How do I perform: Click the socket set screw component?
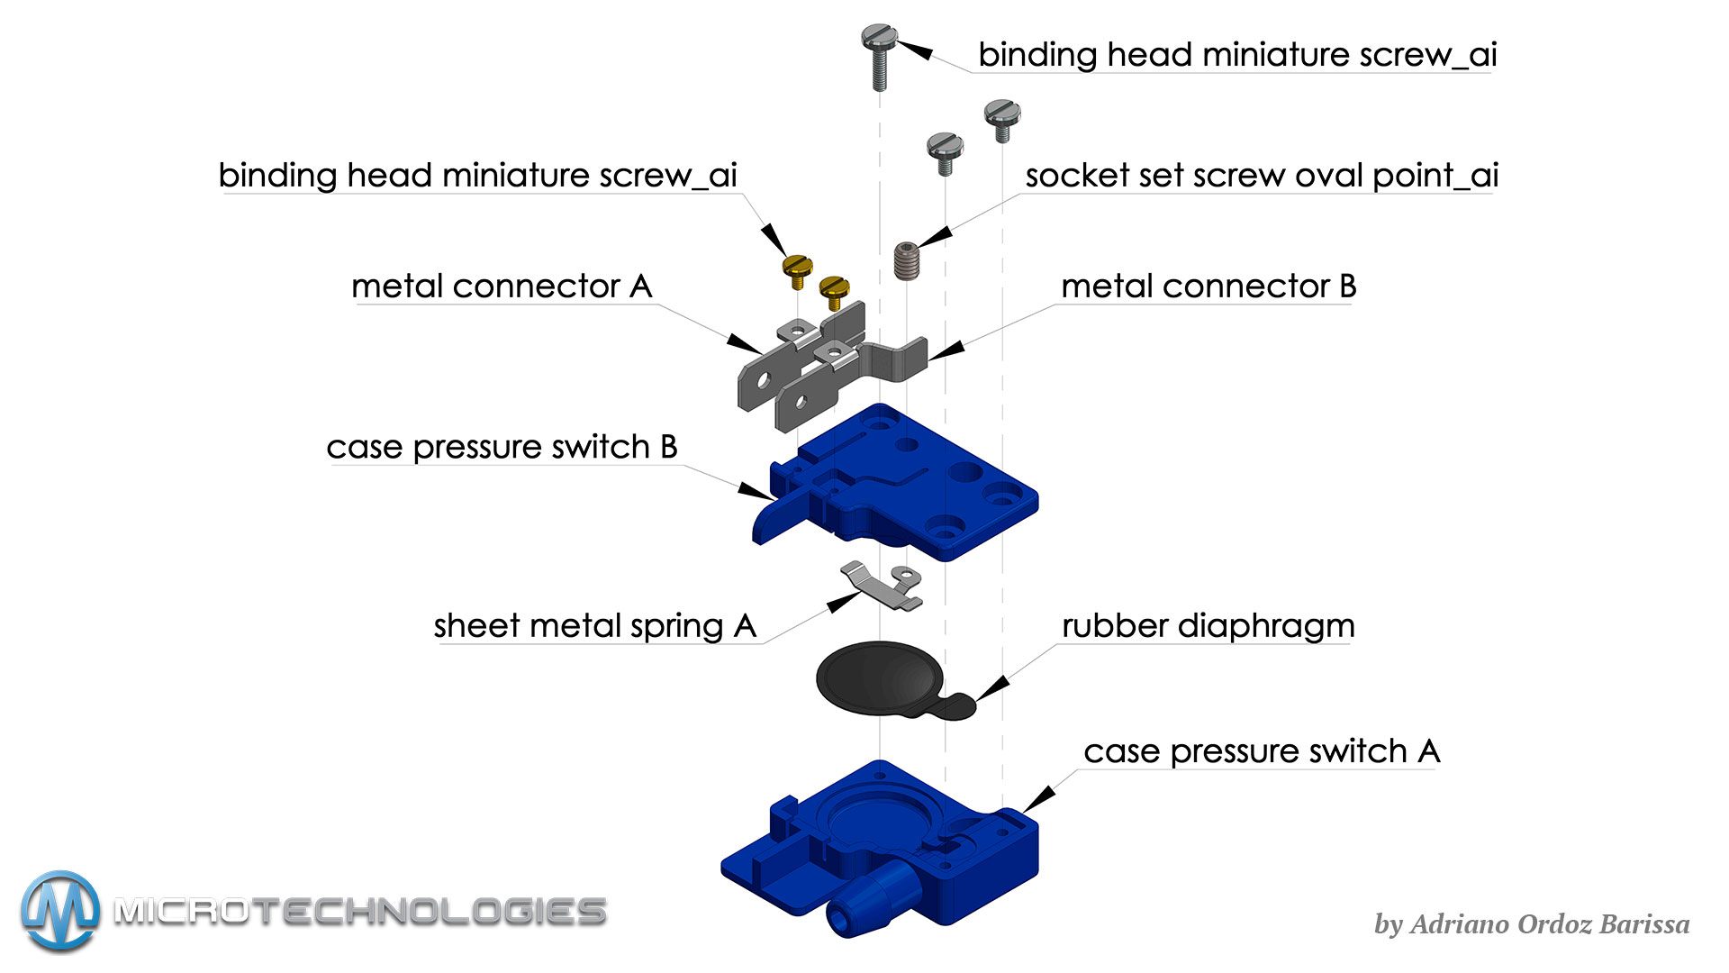pyautogui.click(x=906, y=260)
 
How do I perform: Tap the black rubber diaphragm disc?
pyautogui.click(x=878, y=677)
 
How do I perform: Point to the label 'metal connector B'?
pyautogui.click(x=1208, y=286)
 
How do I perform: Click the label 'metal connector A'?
pyautogui.click(x=502, y=286)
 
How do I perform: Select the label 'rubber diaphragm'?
pyautogui.click(x=1208, y=626)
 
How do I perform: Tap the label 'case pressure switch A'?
pyautogui.click(x=1261, y=751)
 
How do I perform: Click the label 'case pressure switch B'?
pyautogui.click(x=502, y=447)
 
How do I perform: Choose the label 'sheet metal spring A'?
pyautogui.click(x=594, y=626)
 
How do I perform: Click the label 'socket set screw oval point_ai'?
pyautogui.click(x=1261, y=176)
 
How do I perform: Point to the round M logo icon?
pyautogui.click(x=60, y=911)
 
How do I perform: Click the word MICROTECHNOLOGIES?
pyautogui.click(x=360, y=912)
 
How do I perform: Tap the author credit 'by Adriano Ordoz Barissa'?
pyautogui.click(x=1531, y=924)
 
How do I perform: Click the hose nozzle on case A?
pyautogui.click(x=864, y=905)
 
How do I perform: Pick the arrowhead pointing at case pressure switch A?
pyautogui.click(x=1040, y=798)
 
